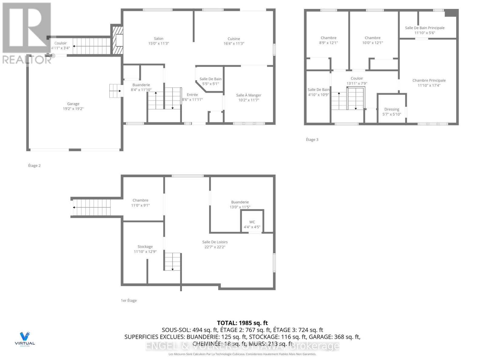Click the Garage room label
(x=73, y=104)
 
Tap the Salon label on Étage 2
(x=159, y=39)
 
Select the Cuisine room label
(x=234, y=39)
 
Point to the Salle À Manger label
(x=249, y=95)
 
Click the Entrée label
(x=192, y=95)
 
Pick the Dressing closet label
(x=392, y=109)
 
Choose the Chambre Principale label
(x=429, y=80)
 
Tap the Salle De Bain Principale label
(x=425, y=28)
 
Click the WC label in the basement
(x=252, y=222)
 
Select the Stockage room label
(x=145, y=247)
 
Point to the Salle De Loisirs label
(x=215, y=242)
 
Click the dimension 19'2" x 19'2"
(x=73, y=109)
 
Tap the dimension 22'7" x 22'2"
(x=215, y=247)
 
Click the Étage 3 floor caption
(x=312, y=140)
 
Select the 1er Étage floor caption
(x=129, y=300)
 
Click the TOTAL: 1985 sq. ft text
(x=242, y=323)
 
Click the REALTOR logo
(x=27, y=33)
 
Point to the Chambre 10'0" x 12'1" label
(x=373, y=38)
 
